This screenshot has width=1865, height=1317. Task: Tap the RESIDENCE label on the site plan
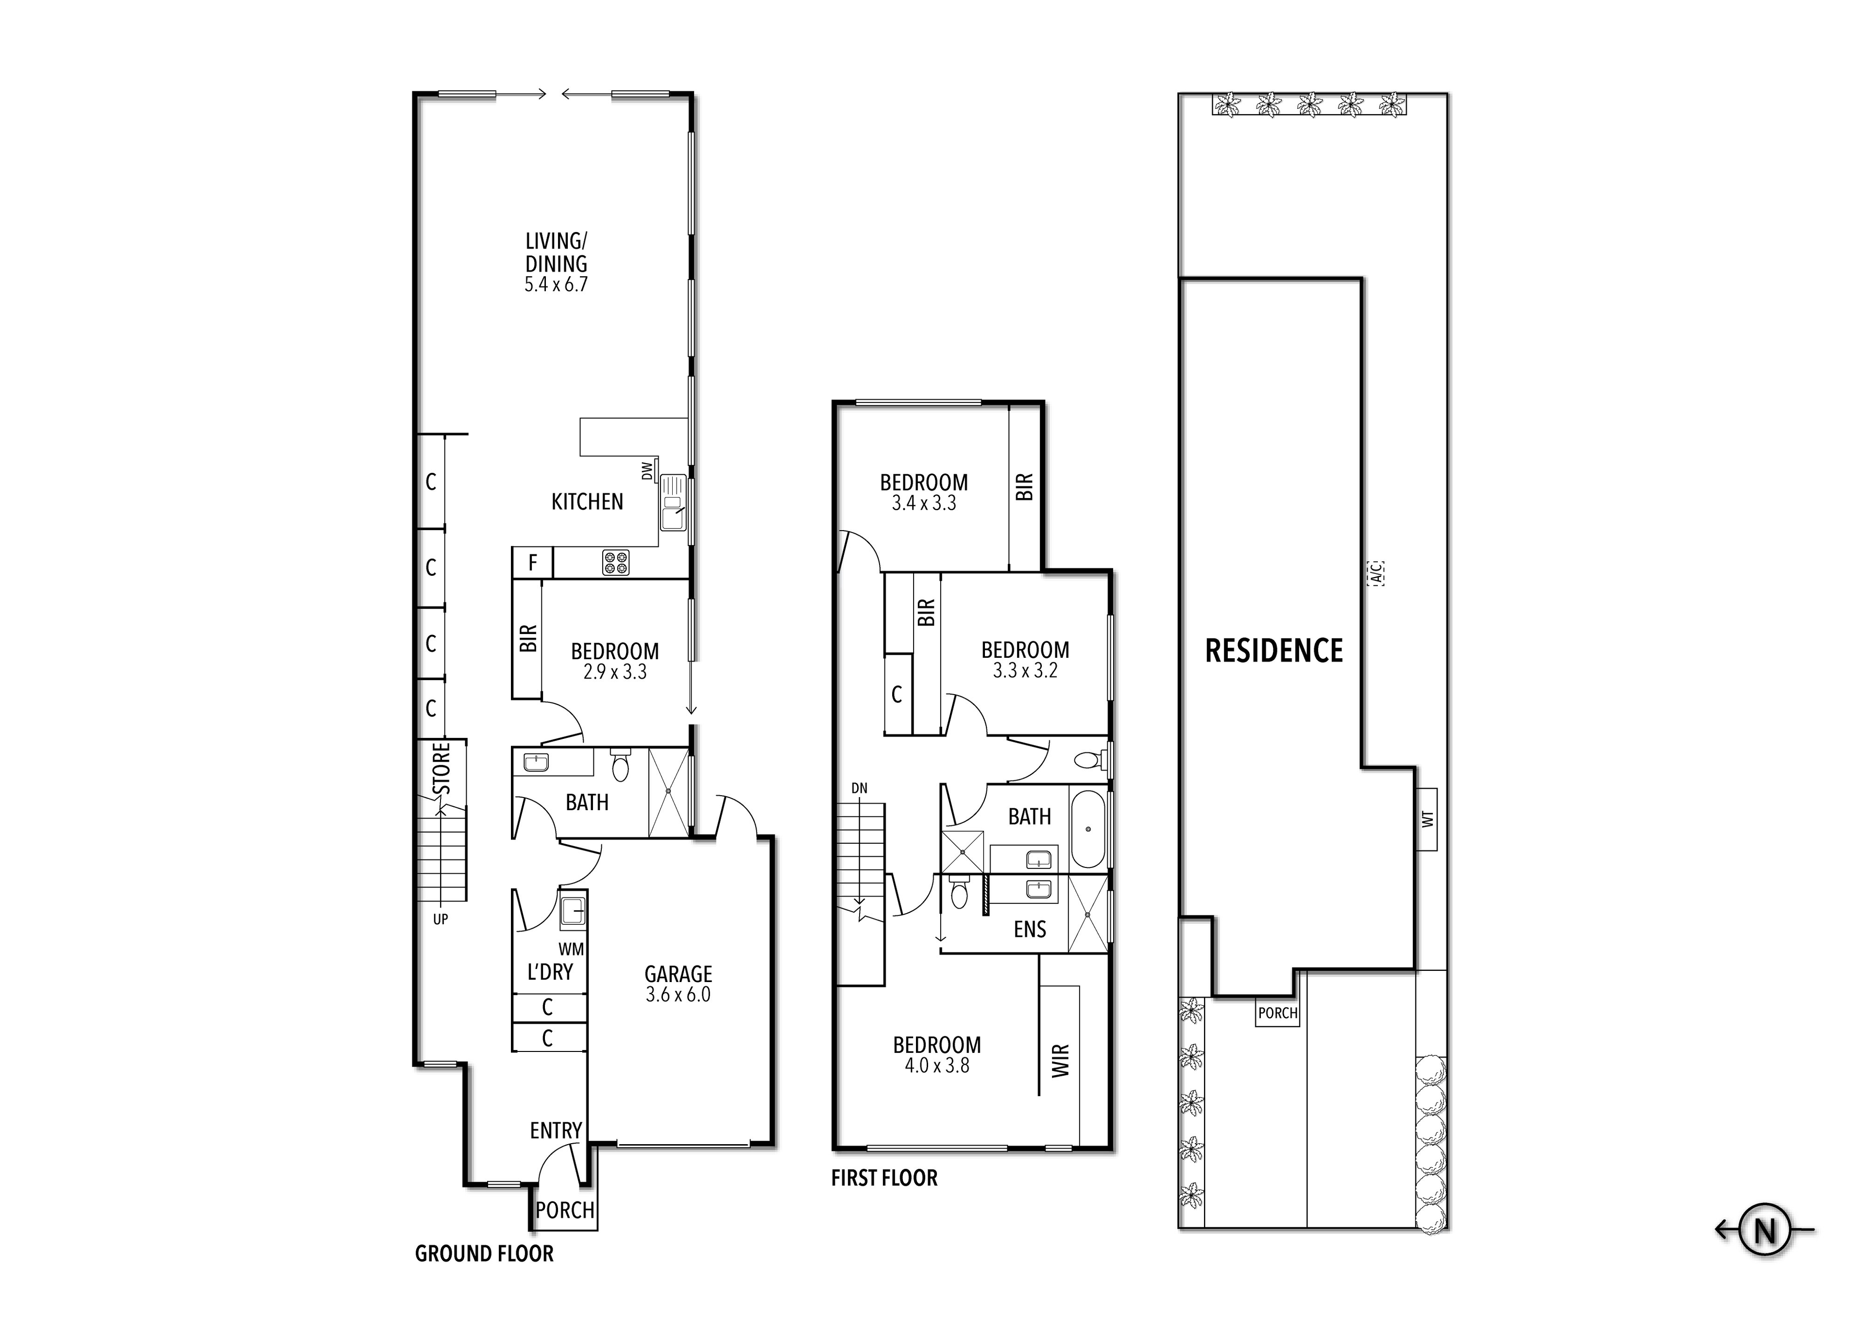1273,651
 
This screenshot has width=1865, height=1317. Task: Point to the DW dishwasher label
647,471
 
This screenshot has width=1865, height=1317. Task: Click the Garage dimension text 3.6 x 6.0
678,995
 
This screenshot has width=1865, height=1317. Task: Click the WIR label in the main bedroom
1061,1060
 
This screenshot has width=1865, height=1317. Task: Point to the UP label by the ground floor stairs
440,920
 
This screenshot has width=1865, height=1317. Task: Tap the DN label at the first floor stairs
859,787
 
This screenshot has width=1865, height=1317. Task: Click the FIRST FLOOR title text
884,1178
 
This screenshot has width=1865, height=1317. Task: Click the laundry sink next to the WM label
574,911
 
